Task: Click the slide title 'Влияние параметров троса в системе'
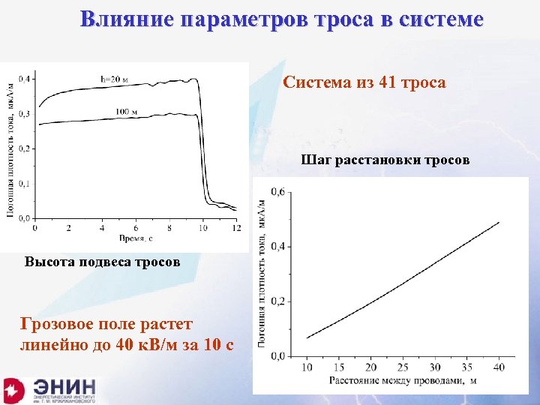coord(282,19)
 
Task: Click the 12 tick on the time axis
coord(237,227)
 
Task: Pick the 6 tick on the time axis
coord(136,227)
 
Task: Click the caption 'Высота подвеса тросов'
coord(102,262)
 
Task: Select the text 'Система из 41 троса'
coord(364,82)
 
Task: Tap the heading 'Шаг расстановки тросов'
coord(385,159)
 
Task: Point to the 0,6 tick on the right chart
coord(277,191)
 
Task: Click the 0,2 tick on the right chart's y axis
coord(277,301)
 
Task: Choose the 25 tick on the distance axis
coord(403,367)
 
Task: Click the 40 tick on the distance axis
coord(499,367)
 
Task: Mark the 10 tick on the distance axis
coord(307,367)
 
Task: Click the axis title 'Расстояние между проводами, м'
coord(403,380)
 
